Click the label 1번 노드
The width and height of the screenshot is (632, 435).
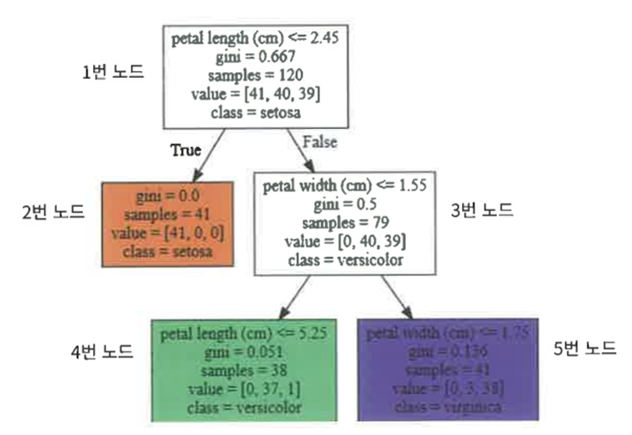112,71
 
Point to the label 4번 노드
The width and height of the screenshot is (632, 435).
101,351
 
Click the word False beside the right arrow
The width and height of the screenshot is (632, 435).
319,142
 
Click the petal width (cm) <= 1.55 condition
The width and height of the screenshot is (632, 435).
345,184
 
